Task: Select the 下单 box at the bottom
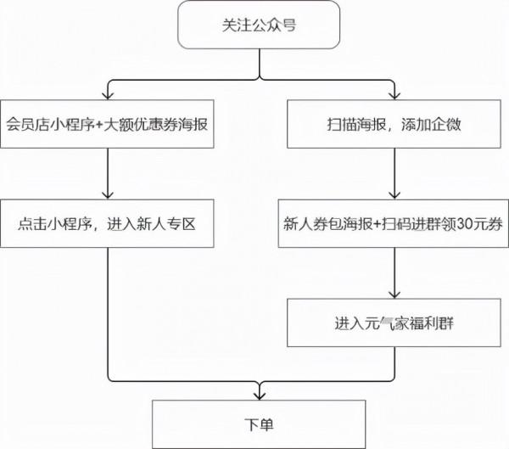point(259,420)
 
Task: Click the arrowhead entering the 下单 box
point(259,391)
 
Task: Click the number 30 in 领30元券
point(462,224)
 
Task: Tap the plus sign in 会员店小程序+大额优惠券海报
point(99,126)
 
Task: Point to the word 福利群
point(428,323)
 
